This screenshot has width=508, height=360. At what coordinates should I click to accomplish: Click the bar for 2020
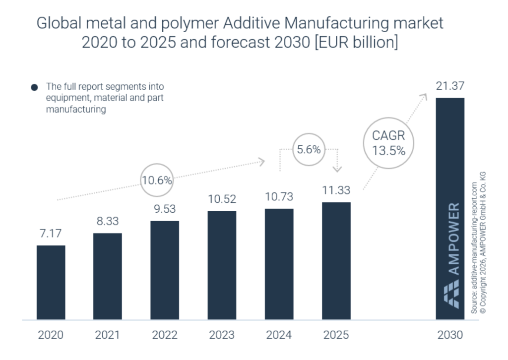pos(51,282)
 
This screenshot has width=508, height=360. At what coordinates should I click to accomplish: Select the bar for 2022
pos(165,270)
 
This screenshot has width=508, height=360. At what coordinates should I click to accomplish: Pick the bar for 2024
pos(279,264)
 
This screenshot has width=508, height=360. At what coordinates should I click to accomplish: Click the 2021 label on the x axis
pos(107,335)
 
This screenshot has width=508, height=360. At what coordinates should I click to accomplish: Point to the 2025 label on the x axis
pos(336,335)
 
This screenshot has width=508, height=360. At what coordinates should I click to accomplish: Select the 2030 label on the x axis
pos(450,335)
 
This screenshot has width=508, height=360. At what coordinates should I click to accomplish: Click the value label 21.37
pos(450,86)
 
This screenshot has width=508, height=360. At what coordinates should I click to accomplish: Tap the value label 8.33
pos(108,221)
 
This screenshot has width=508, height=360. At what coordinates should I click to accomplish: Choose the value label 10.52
pos(222,199)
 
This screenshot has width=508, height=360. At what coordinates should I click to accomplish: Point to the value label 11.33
pos(336,190)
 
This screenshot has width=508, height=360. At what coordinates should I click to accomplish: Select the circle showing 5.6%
pos(309,148)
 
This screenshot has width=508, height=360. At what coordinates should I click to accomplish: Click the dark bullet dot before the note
pos(34,88)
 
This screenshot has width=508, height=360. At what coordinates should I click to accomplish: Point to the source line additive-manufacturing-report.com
pos(474,247)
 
